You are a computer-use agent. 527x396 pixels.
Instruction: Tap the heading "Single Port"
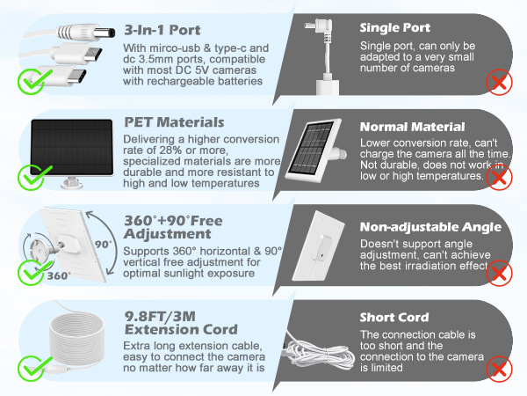[x=395, y=28]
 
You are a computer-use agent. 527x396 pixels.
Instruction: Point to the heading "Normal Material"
[x=412, y=127]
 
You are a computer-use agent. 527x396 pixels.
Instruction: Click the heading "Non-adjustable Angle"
[x=430, y=226]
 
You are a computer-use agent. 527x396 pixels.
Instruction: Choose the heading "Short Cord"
[x=394, y=318]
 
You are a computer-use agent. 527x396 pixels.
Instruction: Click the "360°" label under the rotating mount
[x=58, y=275]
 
